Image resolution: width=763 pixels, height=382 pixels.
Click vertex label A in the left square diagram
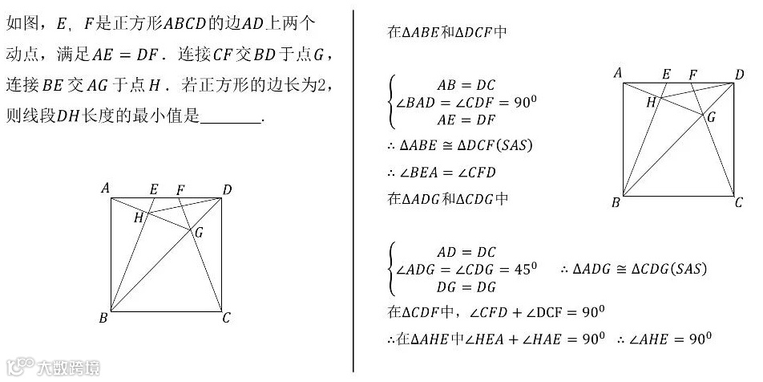click(x=105, y=189)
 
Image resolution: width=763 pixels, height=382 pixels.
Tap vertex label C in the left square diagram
click(x=227, y=319)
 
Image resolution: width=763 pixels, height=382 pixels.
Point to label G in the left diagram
click(x=198, y=233)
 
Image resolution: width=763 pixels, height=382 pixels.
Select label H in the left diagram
click(x=138, y=217)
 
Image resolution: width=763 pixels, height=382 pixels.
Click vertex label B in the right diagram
click(x=616, y=202)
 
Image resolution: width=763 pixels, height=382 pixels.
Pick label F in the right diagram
click(x=693, y=75)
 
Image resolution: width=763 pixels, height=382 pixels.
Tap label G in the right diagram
click(x=709, y=117)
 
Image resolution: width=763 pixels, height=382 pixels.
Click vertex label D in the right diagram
click(x=739, y=75)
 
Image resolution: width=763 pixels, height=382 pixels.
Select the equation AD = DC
click(x=466, y=252)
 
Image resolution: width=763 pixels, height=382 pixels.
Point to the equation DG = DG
click(x=466, y=286)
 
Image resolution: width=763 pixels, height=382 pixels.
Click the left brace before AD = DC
click(x=391, y=269)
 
